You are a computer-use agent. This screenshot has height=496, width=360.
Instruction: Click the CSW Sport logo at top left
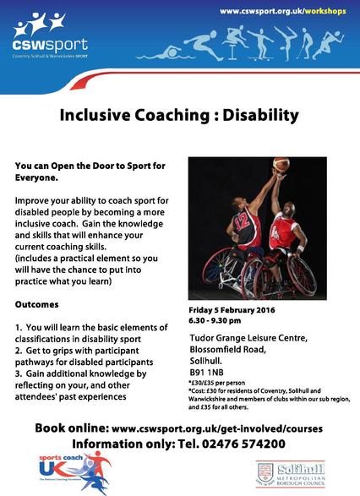click(x=43, y=34)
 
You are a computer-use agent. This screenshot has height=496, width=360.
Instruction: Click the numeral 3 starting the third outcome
click(x=19, y=371)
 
